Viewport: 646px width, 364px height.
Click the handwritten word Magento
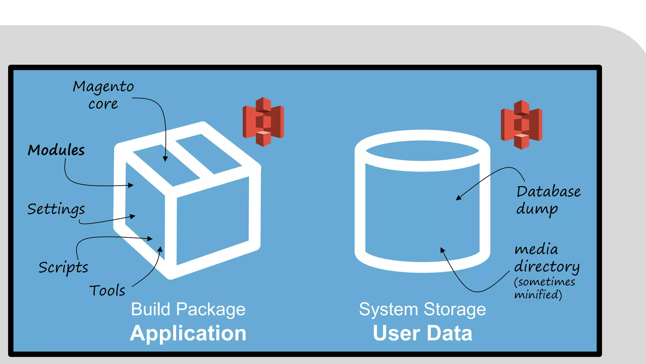coord(103,87)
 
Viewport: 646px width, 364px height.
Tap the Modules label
coord(56,150)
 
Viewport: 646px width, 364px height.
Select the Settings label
coord(56,209)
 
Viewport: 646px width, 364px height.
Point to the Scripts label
coord(63,268)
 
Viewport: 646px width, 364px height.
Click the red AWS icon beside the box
coord(263,122)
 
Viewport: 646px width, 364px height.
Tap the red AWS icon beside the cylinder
coord(521,124)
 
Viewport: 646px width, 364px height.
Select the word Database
coord(548,192)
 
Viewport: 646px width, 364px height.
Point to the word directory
coord(547,267)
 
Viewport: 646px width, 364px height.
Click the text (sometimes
coord(544,282)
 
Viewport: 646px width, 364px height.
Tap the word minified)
coord(538,295)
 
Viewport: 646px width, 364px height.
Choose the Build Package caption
coord(188,309)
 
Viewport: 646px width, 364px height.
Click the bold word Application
coord(188,333)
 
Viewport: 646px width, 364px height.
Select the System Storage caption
coord(422,309)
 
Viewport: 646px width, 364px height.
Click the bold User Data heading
coord(422,333)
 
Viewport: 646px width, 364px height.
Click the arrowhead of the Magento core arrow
coord(165,159)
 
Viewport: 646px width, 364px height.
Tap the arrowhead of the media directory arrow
coord(443,250)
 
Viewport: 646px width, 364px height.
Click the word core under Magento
coord(103,104)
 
